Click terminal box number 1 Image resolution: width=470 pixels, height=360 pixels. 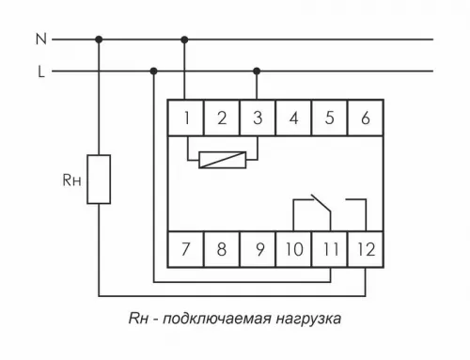pos(186,118)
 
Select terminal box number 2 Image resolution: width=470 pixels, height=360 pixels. pos(222,118)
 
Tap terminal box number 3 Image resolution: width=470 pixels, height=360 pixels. pos(258,118)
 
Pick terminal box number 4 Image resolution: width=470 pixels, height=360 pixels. pos(293,118)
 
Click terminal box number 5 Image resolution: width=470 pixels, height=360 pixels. pos(329,118)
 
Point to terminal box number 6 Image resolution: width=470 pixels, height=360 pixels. pos(365,118)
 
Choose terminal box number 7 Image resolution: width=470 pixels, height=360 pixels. pos(186,249)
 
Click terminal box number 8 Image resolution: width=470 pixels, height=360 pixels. pos(222,249)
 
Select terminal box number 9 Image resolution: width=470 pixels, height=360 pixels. pos(258,249)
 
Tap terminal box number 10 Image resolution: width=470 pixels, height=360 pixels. pos(293,249)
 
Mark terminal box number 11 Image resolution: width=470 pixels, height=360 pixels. pos(329,249)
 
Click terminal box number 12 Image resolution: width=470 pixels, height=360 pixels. pos(365,249)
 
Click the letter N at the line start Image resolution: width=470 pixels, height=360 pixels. pos(39,39)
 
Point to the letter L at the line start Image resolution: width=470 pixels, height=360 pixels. pos(40,70)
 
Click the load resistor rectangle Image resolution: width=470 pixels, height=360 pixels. pos(99,179)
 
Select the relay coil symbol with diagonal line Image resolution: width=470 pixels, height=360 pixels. pos(224,160)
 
